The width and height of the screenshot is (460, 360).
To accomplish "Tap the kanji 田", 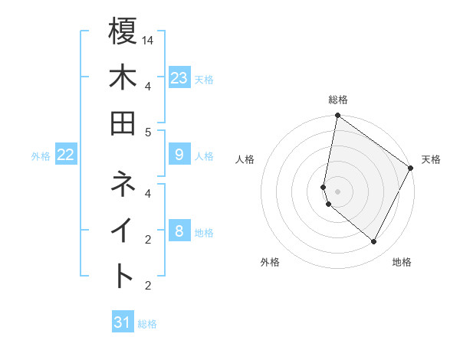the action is (x=123, y=123).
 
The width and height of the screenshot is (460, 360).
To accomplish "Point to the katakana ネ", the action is (x=123, y=184).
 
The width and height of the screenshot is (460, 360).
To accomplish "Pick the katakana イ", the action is (x=123, y=230).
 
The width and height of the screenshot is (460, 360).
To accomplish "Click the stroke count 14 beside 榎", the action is (x=149, y=39).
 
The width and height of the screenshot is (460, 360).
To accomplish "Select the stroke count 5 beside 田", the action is (x=148, y=132).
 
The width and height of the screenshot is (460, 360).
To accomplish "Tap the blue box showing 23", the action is (x=179, y=77).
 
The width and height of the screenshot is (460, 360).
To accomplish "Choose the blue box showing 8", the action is (x=179, y=231).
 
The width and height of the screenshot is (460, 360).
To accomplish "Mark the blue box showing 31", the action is (x=123, y=322).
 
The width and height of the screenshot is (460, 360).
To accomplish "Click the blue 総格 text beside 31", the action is (x=147, y=324).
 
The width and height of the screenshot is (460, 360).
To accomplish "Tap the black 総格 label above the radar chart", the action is (x=338, y=100).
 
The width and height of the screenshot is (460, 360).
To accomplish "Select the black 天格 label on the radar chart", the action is (x=431, y=159).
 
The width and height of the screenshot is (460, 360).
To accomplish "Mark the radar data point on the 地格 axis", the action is (x=374, y=241).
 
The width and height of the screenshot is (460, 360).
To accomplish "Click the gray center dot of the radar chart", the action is (x=337, y=191).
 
